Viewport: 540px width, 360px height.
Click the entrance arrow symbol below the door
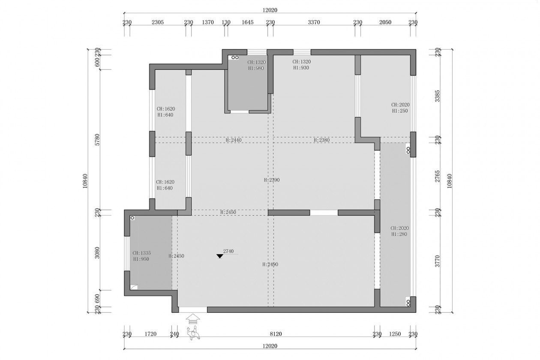[192, 319]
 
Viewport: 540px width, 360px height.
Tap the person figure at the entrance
[193, 333]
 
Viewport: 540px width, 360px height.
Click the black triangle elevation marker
[219, 256]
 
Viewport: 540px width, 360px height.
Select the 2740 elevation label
[228, 251]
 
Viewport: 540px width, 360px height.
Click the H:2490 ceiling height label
[270, 264]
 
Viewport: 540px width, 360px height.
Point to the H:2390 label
[272, 180]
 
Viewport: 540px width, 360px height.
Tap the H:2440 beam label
[234, 140]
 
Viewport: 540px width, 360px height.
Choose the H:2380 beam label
[321, 140]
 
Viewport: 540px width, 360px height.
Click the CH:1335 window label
[141, 253]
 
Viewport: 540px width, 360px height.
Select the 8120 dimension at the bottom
[276, 334]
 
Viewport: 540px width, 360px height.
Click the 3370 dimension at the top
[314, 22]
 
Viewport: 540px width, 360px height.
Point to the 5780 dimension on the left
[97, 140]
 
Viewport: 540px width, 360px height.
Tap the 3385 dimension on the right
[437, 96]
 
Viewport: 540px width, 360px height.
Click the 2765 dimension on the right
[437, 176]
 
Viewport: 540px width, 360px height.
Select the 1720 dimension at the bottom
[150, 334]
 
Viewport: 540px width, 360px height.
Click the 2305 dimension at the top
[158, 22]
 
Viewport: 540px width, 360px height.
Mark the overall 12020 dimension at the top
[270, 10]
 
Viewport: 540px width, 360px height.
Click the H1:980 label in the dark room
[256, 68]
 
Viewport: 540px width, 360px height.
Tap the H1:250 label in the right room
[400, 111]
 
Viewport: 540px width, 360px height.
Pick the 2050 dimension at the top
[385, 22]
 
